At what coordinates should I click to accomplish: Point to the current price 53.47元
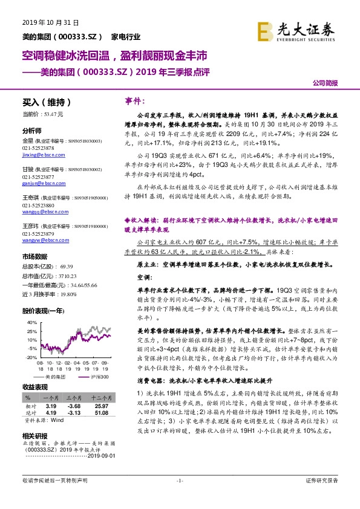(42, 114)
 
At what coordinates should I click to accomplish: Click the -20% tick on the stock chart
(31, 358)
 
